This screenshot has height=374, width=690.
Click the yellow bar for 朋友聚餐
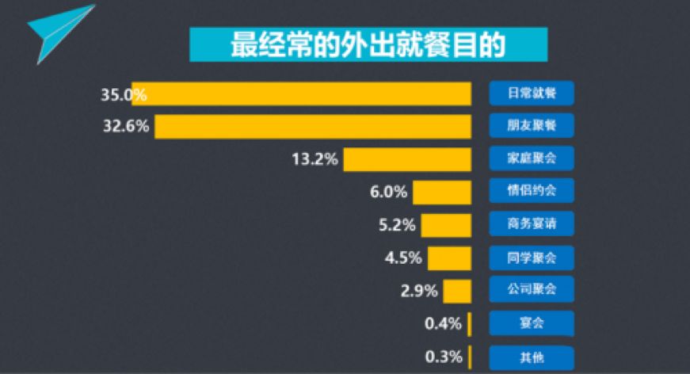(313, 126)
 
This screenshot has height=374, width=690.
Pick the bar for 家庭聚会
(407, 158)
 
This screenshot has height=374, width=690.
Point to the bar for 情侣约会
(442, 192)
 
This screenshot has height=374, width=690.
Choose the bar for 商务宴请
(446, 224)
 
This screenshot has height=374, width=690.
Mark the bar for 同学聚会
(449, 258)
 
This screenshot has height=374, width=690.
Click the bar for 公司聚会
(457, 290)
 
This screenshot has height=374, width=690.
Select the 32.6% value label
(126, 126)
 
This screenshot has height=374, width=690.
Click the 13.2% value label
(315, 159)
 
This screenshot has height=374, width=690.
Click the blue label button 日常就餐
(531, 93)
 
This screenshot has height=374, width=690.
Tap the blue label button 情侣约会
(531, 192)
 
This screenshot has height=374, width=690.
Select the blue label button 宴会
(531, 323)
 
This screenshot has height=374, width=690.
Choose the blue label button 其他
(531, 357)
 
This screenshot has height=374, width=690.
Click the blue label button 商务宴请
(531, 224)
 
